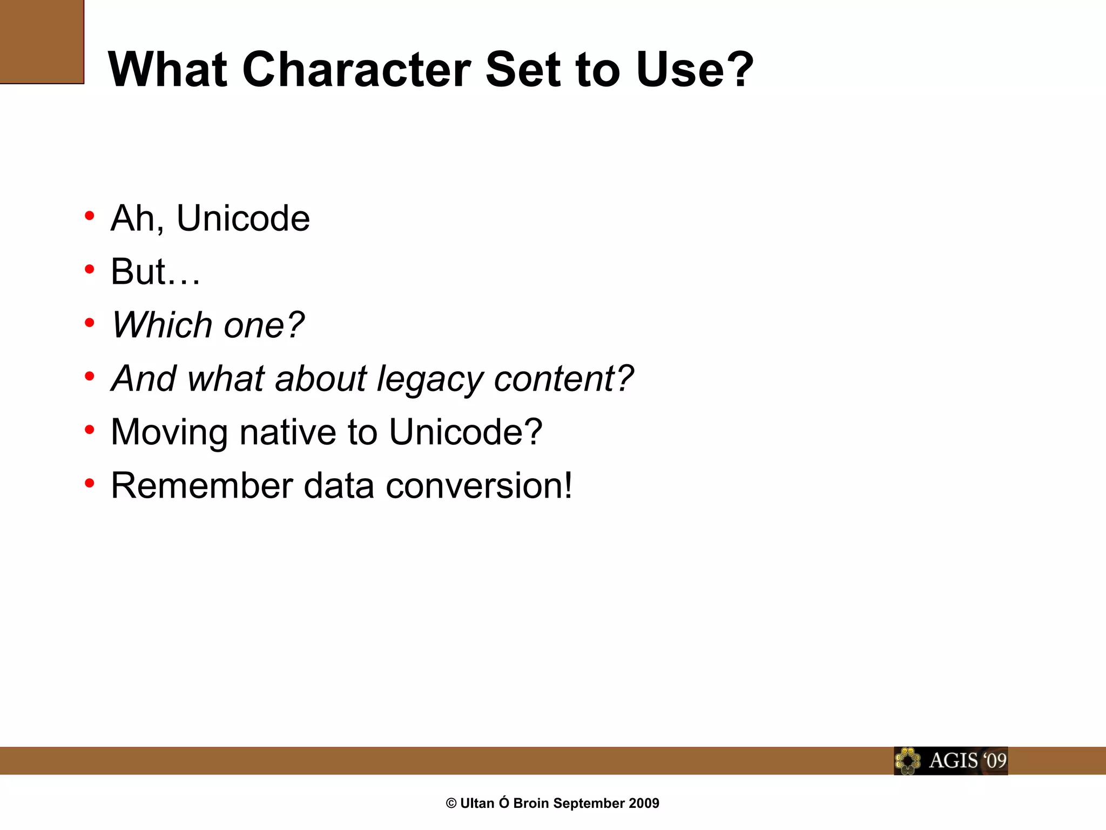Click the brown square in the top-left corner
coord(42,42)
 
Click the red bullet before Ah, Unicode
coord(90,216)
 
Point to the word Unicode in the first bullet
coord(243,218)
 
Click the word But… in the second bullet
coord(156,272)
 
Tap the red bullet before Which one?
coord(90,323)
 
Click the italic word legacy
coord(429,379)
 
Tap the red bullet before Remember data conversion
coord(90,483)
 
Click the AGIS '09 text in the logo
coord(967,761)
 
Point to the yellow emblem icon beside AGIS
coord(908,761)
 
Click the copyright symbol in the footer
coord(451,804)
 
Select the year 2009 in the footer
coord(644,804)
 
